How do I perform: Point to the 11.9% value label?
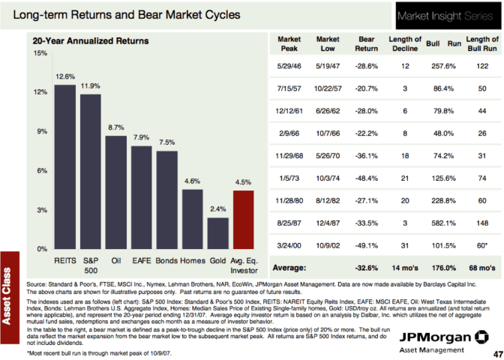pyautogui.click(x=91, y=86)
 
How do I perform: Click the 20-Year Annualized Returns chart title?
pyautogui.click(x=90, y=40)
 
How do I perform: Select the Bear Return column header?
pyautogui.click(x=366, y=44)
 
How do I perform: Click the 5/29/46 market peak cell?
pyautogui.click(x=289, y=67)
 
